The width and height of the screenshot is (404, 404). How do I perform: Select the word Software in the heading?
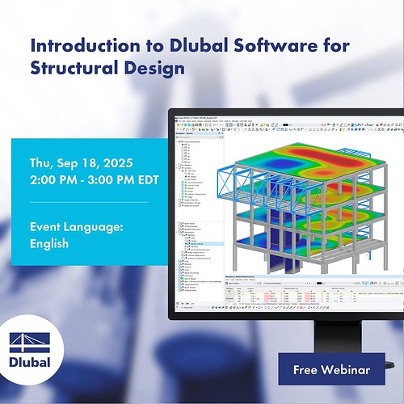(x=253, y=45)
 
